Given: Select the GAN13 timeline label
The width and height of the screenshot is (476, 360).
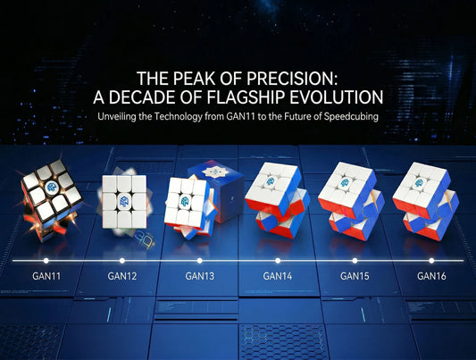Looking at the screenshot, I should pyautogui.click(x=200, y=276).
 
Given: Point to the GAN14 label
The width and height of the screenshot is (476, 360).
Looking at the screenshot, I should pyautogui.click(x=277, y=276).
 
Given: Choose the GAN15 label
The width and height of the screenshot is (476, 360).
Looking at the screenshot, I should pyautogui.click(x=355, y=276).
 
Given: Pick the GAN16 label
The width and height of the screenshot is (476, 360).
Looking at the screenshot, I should pyautogui.click(x=431, y=276).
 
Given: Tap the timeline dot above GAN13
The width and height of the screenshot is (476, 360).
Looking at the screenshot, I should pyautogui.click(x=200, y=260).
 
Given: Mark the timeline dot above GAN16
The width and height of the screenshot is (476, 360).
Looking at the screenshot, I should pyautogui.click(x=431, y=260).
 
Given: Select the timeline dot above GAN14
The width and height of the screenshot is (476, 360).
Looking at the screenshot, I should pyautogui.click(x=277, y=260).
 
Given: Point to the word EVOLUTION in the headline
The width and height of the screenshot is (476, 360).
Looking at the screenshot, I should pyautogui.click(x=340, y=96).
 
